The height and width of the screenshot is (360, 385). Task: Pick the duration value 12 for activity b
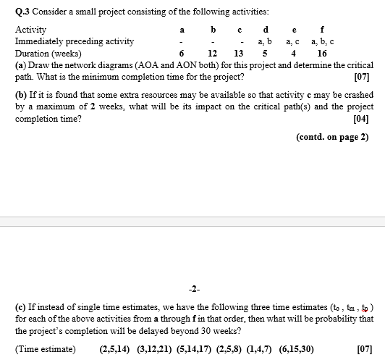[213, 54]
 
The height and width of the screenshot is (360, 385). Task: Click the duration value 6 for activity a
[181, 54]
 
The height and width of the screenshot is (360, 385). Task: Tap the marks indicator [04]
[360, 119]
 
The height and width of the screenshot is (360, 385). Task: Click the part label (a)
[21, 65]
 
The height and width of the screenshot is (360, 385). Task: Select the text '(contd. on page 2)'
[331, 137]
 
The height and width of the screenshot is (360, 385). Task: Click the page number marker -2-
[193, 279]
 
